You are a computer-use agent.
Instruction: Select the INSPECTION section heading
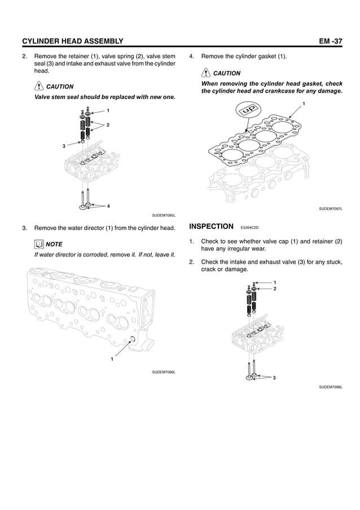[x=211, y=226]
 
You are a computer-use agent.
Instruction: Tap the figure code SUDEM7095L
[x=164, y=215]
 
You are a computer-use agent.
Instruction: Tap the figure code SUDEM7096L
[x=164, y=372]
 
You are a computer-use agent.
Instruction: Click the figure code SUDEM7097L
[x=331, y=209]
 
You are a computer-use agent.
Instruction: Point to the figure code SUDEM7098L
[x=331, y=387]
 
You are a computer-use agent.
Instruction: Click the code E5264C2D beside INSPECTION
[x=249, y=228]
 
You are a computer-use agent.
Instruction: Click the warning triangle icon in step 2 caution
[x=39, y=86]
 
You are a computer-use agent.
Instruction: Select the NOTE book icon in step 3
[x=39, y=244]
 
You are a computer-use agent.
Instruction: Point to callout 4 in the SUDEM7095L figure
[x=108, y=206]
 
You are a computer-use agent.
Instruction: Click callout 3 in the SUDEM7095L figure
[x=64, y=146]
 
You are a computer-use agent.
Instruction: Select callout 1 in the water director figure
[x=112, y=359]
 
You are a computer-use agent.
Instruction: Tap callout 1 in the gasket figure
[x=304, y=104]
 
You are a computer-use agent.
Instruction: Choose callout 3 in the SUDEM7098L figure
[x=274, y=377]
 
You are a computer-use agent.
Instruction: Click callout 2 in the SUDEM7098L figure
[x=275, y=289]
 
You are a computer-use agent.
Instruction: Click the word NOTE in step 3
[x=54, y=245]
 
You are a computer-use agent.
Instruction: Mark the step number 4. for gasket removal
[x=192, y=56]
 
